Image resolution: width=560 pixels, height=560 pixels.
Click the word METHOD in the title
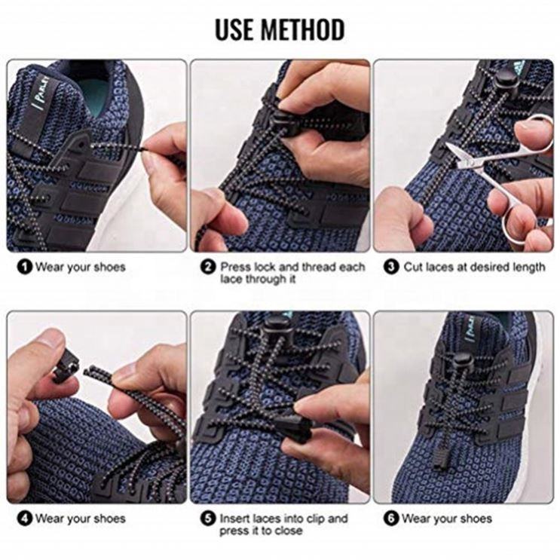click(x=303, y=29)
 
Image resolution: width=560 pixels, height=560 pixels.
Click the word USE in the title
click(x=235, y=29)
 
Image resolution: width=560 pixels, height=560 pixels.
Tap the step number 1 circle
click(x=25, y=267)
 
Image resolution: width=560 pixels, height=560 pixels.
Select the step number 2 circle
click(x=208, y=267)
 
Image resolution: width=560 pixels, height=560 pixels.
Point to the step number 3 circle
click(x=391, y=267)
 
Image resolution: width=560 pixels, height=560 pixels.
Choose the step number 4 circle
click(x=25, y=519)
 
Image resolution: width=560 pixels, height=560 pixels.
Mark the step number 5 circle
click(x=208, y=519)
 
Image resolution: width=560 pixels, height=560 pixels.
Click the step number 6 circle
click(x=391, y=519)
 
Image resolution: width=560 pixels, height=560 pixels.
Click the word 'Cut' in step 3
click(x=413, y=267)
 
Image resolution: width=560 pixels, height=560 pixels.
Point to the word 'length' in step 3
click(x=529, y=268)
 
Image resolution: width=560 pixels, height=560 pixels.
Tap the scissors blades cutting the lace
click(x=461, y=155)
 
